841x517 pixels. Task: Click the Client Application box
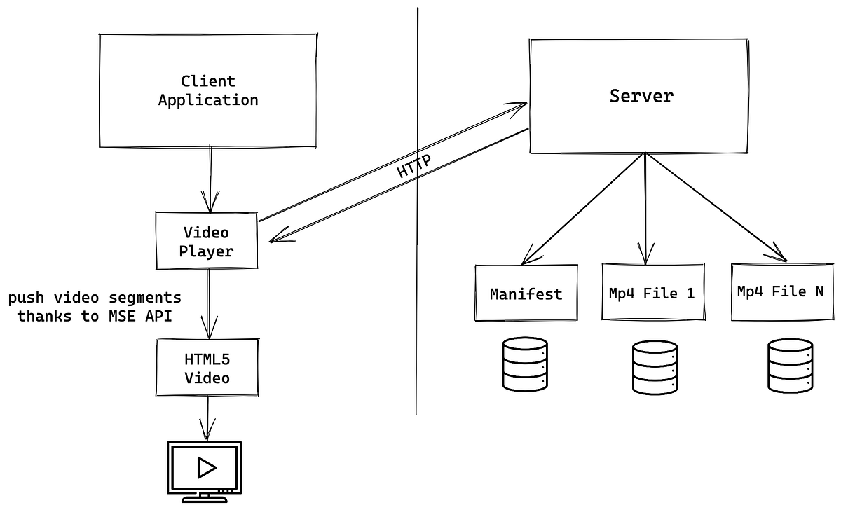[207, 90]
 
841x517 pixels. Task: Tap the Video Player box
[206, 241]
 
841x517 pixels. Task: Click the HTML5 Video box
[206, 368]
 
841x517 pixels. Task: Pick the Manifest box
[526, 293]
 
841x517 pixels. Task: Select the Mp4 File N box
[780, 291]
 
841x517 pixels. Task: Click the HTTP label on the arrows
[413, 166]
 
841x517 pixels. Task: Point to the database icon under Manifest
[525, 364]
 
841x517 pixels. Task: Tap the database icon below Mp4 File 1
[655, 367]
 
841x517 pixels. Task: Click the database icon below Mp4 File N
[790, 364]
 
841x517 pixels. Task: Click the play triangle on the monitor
[206, 467]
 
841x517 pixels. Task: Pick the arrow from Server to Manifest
[582, 208]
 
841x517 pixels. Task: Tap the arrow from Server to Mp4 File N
[715, 208]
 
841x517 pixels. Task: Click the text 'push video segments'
[95, 298]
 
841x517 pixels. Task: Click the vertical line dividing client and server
[417, 280]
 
